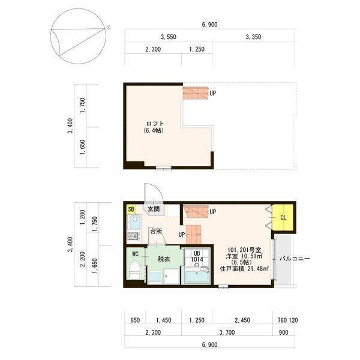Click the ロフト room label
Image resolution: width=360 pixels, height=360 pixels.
tap(154, 124)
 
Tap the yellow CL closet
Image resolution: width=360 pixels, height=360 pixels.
tap(283, 217)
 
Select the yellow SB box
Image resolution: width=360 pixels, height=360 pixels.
tap(131, 209)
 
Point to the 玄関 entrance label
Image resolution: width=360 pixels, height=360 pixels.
tap(154, 209)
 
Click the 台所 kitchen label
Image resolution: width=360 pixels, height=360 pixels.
tap(156, 231)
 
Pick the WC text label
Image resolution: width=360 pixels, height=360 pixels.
tap(136, 254)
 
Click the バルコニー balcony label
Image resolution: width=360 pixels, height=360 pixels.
tap(295, 259)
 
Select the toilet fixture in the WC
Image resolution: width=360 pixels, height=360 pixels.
tap(135, 274)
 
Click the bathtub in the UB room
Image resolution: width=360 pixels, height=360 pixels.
tap(195, 278)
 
